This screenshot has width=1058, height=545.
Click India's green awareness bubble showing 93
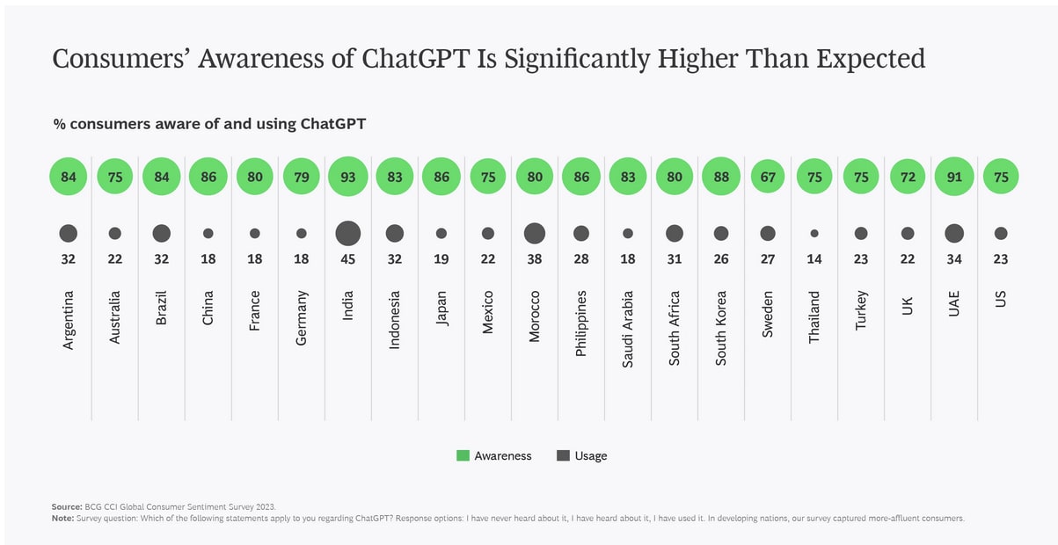tap(347, 177)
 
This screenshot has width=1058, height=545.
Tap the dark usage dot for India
tap(347, 233)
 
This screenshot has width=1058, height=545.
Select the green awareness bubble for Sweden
tap(767, 177)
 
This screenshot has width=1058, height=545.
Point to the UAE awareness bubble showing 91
tap(953, 177)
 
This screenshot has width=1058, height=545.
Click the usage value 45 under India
tap(347, 259)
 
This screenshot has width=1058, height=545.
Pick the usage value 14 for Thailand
tap(814, 259)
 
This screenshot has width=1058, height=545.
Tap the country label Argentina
tap(69, 321)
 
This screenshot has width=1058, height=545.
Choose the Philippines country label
tap(580, 323)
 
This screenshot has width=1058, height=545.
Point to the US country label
tap(1000, 301)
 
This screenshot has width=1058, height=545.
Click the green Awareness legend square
tap(463, 455)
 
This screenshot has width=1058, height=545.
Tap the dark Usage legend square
tap(563, 455)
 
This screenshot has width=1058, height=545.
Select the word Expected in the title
tap(871, 59)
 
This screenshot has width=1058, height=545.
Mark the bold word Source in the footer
tap(66, 507)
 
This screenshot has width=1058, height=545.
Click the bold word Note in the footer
tap(62, 518)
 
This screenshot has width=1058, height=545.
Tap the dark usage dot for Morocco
tap(534, 233)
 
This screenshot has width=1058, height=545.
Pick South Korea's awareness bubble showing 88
tap(720, 177)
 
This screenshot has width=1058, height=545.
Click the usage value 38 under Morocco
tap(534, 259)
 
